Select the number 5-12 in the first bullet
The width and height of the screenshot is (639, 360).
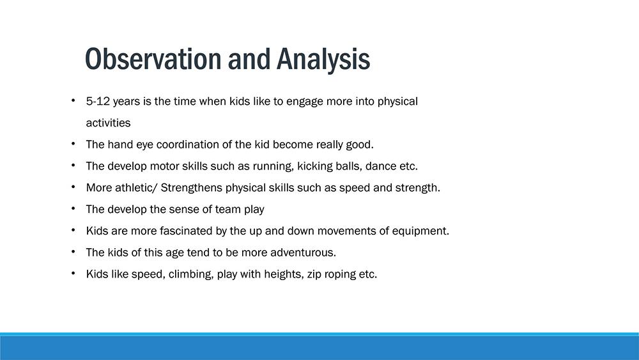(98, 101)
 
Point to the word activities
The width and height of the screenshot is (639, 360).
(108, 123)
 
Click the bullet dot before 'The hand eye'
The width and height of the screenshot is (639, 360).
(73, 143)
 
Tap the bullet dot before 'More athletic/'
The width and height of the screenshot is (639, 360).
(73, 187)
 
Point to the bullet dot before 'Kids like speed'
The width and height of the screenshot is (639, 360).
(73, 273)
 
